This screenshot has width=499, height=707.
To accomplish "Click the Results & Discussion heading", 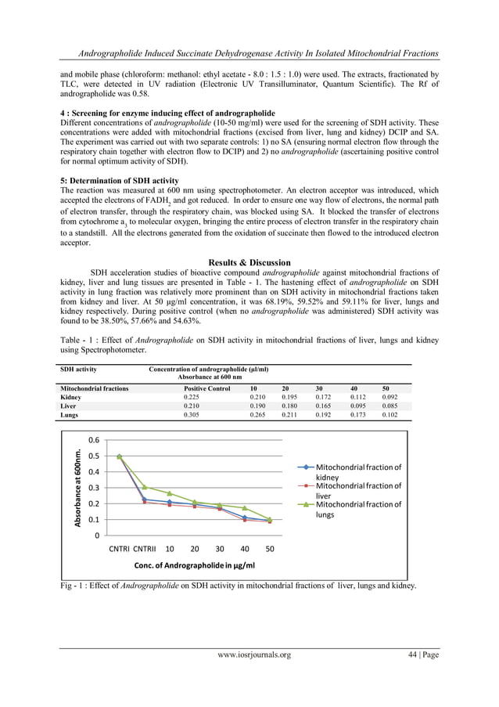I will click(249, 262).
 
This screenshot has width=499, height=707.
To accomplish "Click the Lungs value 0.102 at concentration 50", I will click(389, 415).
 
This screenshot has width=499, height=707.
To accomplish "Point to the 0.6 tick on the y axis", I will click(93, 440).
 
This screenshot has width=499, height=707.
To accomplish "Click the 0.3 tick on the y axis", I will click(93, 488).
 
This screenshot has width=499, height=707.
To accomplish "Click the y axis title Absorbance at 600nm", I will click(78, 485).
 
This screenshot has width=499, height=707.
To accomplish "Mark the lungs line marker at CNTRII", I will click(145, 487).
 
